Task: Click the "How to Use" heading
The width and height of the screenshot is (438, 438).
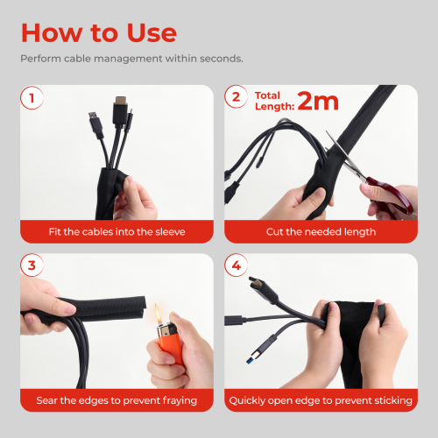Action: (x=99, y=32)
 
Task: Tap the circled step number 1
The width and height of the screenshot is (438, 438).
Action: (x=32, y=98)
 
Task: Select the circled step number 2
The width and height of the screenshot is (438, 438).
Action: (x=236, y=96)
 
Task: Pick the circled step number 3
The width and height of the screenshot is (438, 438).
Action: (x=32, y=265)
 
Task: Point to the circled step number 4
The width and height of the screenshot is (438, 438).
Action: (x=236, y=265)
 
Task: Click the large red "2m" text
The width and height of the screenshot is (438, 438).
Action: (x=318, y=101)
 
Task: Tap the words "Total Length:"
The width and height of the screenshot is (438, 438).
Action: (x=274, y=101)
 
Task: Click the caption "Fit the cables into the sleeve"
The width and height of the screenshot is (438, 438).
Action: (x=117, y=232)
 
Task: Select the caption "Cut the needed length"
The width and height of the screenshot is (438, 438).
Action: (x=321, y=232)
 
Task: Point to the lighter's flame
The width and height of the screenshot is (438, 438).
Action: (x=158, y=314)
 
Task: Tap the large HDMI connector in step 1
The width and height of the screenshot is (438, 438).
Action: (x=120, y=112)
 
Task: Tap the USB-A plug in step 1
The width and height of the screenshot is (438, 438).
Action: (x=96, y=124)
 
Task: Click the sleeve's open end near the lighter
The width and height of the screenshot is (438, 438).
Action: (x=143, y=307)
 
